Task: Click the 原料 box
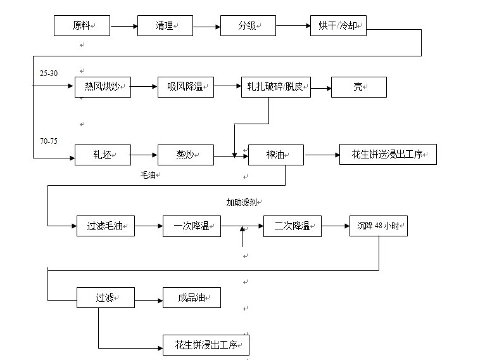pyautogui.click(x=82, y=26)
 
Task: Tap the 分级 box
pyautogui.click(x=248, y=26)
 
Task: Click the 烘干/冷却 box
pyautogui.click(x=338, y=26)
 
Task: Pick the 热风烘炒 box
pyautogui.click(x=103, y=87)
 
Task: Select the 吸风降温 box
pyautogui.click(x=186, y=87)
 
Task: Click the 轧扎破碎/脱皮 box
pyautogui.click(x=275, y=87)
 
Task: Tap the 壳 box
pyautogui.click(x=358, y=87)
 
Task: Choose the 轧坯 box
pyautogui.click(x=103, y=155)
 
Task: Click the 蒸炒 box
pyautogui.click(x=186, y=155)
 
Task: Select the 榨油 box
pyautogui.click(x=275, y=155)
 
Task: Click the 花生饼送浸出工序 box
pyautogui.click(x=387, y=155)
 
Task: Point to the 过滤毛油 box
pyautogui.click(x=106, y=226)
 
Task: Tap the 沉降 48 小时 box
pyautogui.click(x=378, y=226)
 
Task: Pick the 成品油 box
pyautogui.click(x=191, y=297)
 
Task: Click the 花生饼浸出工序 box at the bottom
pyautogui.click(x=206, y=345)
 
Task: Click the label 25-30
pyautogui.click(x=49, y=74)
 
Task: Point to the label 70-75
pyautogui.click(x=49, y=141)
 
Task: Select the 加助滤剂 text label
pyautogui.click(x=244, y=202)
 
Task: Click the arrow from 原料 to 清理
pyautogui.click(x=123, y=26)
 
